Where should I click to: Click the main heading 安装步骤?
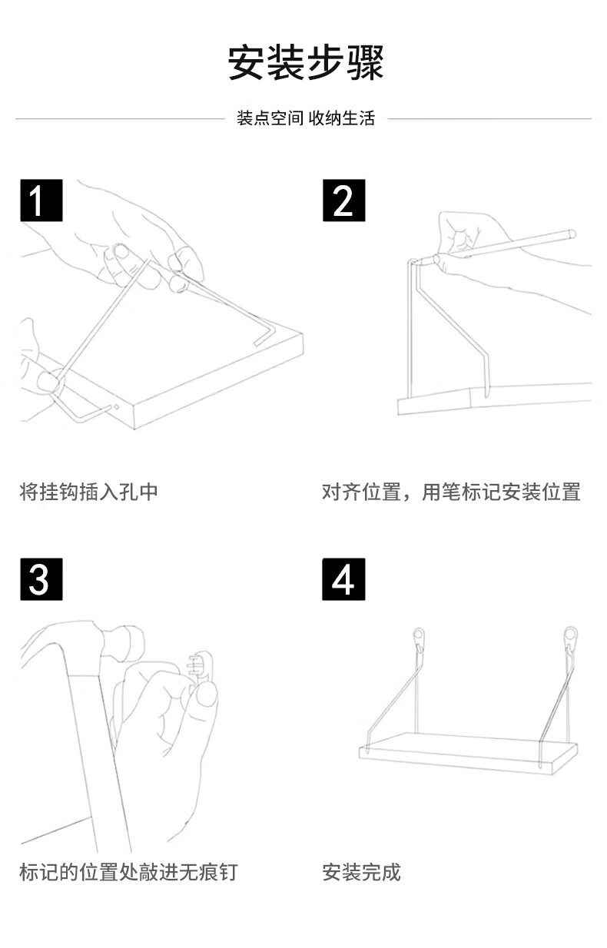[x=306, y=63]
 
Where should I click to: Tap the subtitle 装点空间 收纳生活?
[x=306, y=118]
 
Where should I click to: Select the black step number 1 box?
[x=41, y=201]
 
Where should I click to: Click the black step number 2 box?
[x=343, y=201]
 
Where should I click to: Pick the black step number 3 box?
[x=41, y=579]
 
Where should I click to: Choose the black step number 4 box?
[x=343, y=579]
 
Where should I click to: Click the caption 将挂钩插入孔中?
[x=88, y=492]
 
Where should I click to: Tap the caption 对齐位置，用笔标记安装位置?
[x=451, y=492]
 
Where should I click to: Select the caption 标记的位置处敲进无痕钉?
[x=128, y=872]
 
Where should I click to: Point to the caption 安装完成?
[x=361, y=872]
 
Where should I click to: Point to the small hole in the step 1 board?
[x=115, y=406]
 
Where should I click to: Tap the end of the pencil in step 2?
[x=570, y=231]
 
